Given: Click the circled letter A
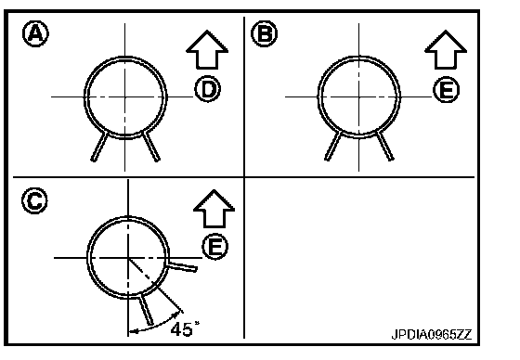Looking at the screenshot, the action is click(x=35, y=33).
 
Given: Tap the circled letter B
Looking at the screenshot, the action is click(x=264, y=33).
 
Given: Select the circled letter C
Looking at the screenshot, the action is click(x=34, y=200).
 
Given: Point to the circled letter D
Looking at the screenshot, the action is click(x=208, y=89).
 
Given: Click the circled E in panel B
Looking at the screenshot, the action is click(x=447, y=89).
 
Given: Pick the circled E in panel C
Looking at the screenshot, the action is click(x=215, y=246).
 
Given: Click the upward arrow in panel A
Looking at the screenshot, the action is click(x=207, y=50).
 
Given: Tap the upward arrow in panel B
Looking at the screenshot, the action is click(x=446, y=50).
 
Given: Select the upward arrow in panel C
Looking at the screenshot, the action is click(x=214, y=209).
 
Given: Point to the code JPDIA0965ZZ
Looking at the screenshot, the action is click(x=431, y=334).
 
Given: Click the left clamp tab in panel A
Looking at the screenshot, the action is click(x=99, y=147).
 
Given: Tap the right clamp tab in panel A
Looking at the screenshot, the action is click(x=151, y=147).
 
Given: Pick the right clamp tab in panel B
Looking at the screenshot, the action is click(x=385, y=146).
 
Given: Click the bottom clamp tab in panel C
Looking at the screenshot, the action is click(x=147, y=309).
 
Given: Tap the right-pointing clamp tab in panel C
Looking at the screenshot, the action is click(x=181, y=266).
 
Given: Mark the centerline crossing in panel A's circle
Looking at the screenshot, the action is click(x=125, y=96).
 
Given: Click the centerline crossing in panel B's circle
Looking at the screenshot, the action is click(x=358, y=96).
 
